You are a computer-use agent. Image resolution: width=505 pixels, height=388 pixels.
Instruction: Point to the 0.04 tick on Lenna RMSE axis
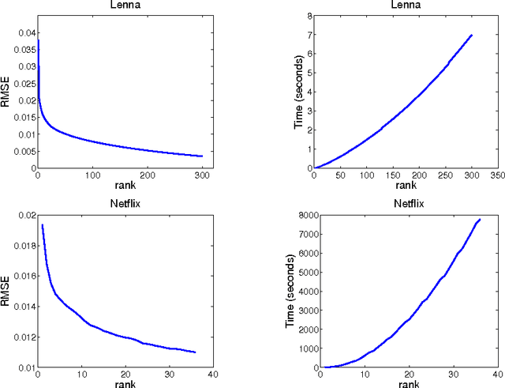click(x=26, y=32)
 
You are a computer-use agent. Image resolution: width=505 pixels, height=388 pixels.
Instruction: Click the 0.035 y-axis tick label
click(x=24, y=49)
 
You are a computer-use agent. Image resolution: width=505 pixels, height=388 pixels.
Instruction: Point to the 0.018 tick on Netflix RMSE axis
click(x=24, y=245)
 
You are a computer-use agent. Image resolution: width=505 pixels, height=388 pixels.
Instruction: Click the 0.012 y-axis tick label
click(x=24, y=337)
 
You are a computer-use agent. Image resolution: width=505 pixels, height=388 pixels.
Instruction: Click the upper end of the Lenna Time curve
click(x=472, y=34)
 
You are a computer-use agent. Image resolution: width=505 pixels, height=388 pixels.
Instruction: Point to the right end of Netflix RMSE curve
click(x=194, y=352)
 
